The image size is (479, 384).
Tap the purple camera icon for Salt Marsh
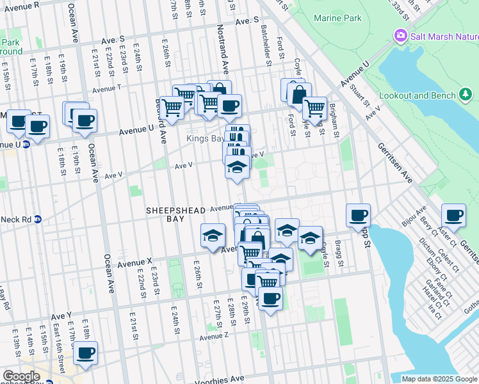[x=401, y=36]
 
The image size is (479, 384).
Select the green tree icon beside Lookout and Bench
[x=466, y=95]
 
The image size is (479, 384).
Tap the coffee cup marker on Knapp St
[x=359, y=216]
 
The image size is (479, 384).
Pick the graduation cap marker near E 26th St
[x=213, y=236]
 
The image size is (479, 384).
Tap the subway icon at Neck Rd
[x=38, y=219]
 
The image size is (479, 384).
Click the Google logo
[x=20, y=376]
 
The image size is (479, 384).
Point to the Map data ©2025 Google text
[x=439, y=379]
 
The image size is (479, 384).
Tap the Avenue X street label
[x=134, y=262]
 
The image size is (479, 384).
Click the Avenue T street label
[x=107, y=88]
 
